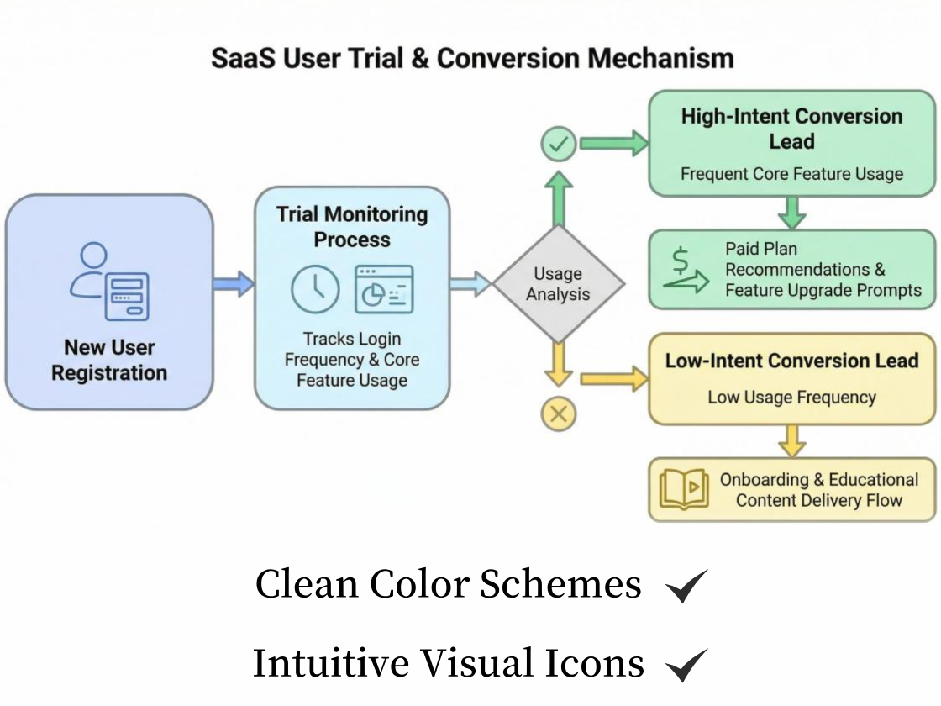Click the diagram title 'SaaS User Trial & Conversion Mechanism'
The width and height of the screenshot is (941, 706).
472,59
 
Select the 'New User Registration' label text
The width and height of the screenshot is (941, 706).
109,360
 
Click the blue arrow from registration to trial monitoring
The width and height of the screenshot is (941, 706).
234,283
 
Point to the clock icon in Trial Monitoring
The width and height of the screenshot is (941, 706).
315,289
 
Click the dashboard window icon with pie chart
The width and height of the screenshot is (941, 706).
384,289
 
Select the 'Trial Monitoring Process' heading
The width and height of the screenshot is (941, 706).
352,227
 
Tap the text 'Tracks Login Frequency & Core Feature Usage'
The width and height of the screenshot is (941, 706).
352,360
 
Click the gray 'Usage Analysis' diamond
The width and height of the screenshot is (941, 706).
558,284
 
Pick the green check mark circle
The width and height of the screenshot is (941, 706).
558,145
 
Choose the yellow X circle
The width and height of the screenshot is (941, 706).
559,414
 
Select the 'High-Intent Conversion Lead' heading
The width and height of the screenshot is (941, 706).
791,129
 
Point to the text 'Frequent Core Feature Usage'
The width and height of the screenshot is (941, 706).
791,175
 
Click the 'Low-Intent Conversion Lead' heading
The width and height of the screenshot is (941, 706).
791,361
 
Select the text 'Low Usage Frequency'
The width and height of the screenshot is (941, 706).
791,398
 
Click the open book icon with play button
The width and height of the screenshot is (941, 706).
683,489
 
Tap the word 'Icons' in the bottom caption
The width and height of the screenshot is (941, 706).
599,663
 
